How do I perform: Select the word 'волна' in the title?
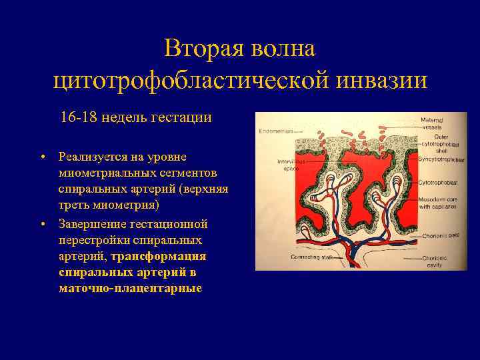point(283,49)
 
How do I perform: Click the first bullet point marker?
point(42,157)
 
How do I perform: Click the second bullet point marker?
point(42,223)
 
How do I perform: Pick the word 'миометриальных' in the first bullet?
point(102,173)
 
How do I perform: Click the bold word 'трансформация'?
point(159,256)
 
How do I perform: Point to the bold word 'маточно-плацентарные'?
point(130,289)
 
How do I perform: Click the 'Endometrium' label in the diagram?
point(273,131)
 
